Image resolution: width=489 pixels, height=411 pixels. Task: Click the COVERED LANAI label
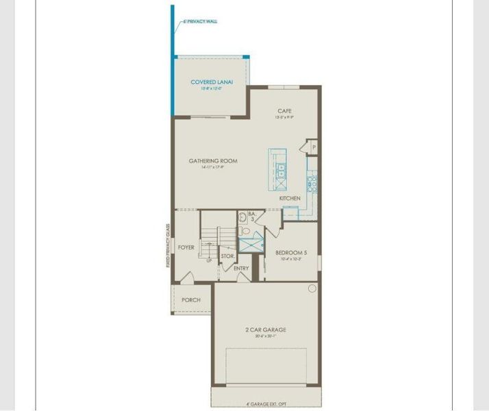212,82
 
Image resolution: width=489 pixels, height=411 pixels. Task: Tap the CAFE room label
285,111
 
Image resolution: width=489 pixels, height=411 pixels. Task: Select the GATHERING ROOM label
213,161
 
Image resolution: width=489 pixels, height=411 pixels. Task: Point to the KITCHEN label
290,199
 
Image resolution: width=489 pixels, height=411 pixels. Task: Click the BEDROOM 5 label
291,252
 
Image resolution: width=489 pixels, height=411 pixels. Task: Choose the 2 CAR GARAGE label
266,329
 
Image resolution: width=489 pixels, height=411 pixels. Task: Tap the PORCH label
191,300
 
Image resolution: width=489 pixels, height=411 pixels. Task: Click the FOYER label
186,247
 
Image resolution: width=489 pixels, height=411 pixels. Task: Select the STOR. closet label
227,256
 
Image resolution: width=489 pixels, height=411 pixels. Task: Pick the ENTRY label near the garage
241,268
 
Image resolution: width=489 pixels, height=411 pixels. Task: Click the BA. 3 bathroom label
251,216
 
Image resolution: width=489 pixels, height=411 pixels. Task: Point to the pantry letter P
313,147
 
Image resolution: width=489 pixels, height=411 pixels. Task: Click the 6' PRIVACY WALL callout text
201,22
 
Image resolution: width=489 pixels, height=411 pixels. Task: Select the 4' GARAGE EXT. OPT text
265,404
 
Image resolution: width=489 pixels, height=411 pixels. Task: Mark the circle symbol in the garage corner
312,289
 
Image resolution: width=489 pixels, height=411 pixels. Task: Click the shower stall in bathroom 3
251,243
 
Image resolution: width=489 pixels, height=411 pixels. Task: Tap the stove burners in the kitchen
312,182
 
